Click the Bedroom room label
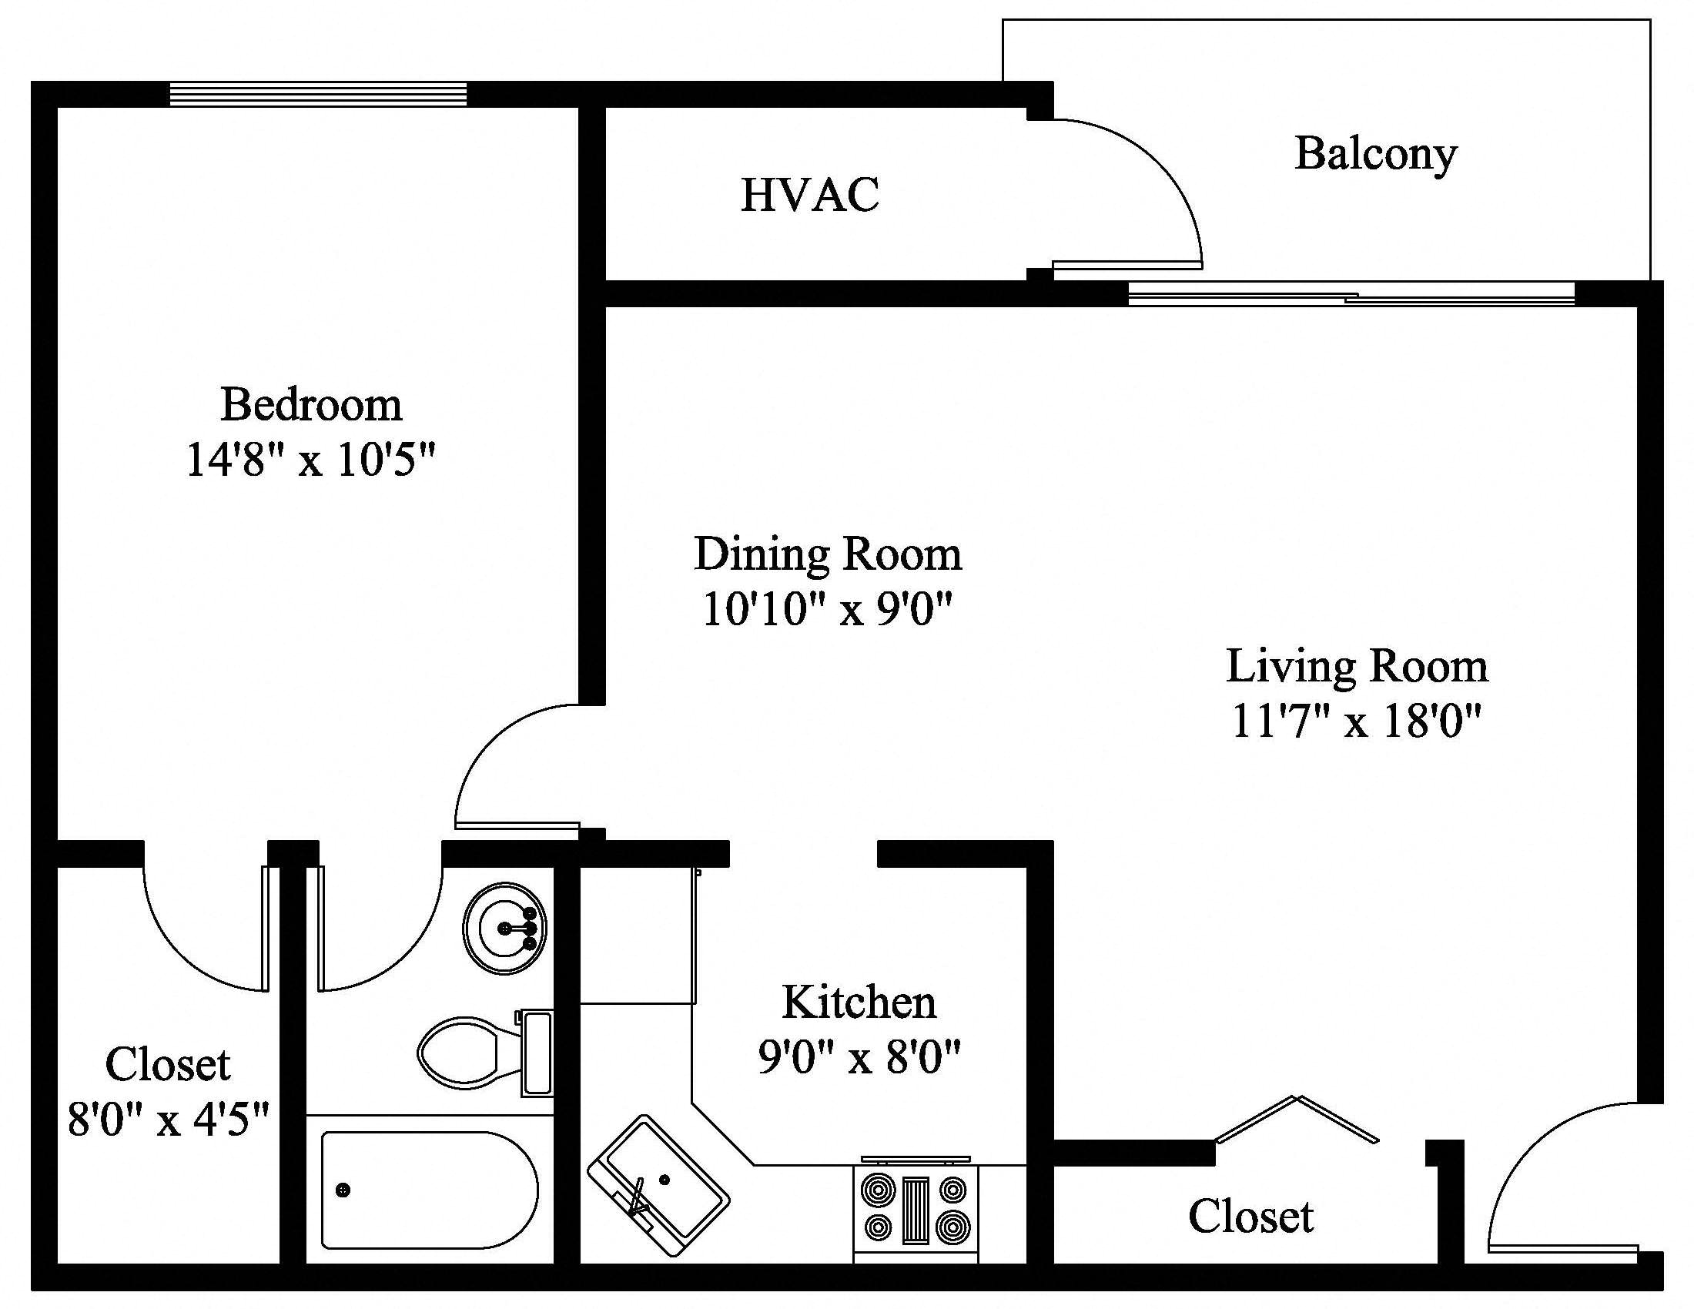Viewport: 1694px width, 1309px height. (311, 405)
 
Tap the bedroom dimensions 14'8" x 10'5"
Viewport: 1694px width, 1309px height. (311, 460)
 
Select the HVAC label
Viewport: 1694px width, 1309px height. (810, 195)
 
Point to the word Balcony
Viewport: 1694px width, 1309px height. (1375, 153)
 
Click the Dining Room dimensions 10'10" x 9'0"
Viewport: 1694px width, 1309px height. (827, 609)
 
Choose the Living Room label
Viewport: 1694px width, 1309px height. (1357, 666)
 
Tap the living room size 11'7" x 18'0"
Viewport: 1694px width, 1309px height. (1357, 721)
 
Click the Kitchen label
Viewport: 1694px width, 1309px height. (859, 1002)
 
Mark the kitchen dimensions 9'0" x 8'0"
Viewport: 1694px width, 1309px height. (859, 1057)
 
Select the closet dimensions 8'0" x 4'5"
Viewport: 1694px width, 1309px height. (169, 1120)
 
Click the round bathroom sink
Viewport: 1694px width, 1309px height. (505, 928)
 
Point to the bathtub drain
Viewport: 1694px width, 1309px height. (342, 1190)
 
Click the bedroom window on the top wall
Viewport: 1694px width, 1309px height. (318, 94)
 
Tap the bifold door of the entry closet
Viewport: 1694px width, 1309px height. (1296, 1118)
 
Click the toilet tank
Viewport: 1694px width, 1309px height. (537, 1053)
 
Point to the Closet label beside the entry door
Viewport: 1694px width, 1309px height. (1250, 1216)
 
